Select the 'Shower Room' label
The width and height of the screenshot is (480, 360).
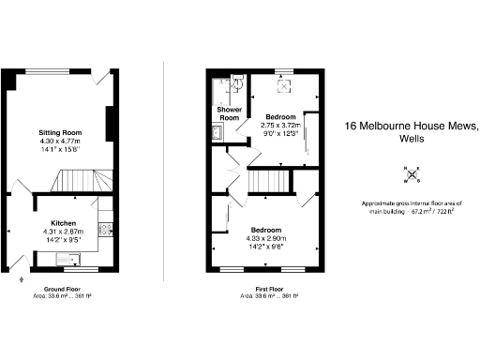[x=230, y=114]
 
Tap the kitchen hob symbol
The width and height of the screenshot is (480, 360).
[x=106, y=227]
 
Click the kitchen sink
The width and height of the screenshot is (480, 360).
[x=67, y=260]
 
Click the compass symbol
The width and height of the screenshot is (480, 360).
[x=412, y=174]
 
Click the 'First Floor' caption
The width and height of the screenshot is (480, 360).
[x=270, y=290]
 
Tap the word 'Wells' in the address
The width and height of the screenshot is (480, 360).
[x=412, y=138]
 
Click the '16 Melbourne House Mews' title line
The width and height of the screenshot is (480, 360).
[x=412, y=125]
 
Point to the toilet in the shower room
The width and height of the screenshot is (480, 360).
[x=236, y=86]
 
